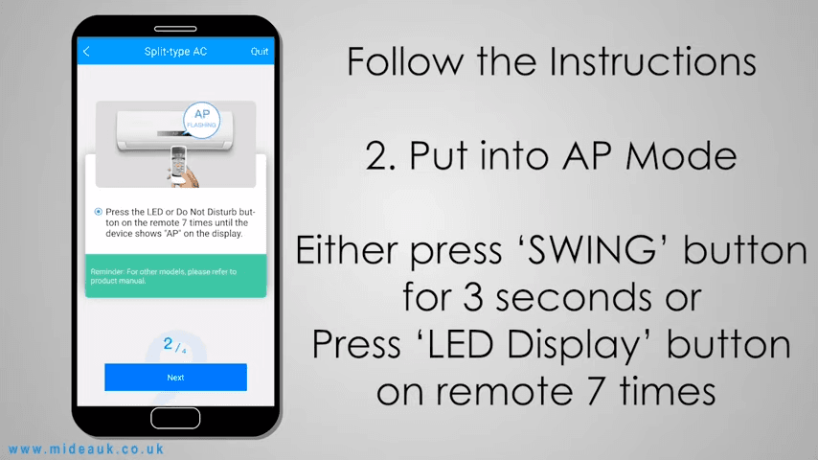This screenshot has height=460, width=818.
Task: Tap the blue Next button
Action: pyautogui.click(x=175, y=377)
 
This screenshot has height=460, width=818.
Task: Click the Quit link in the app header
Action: pyautogui.click(x=260, y=51)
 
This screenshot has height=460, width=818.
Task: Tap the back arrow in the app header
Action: pyautogui.click(x=86, y=51)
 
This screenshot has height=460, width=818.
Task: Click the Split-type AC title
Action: pyautogui.click(x=175, y=51)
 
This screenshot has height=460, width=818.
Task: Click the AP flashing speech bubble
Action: pyautogui.click(x=202, y=120)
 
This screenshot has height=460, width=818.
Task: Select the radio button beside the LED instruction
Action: pyautogui.click(x=98, y=212)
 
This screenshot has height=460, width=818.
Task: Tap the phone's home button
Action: pyautogui.click(x=175, y=418)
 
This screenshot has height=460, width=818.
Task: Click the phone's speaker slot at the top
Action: pyautogui.click(x=175, y=29)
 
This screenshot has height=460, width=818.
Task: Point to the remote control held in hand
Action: pyautogui.click(x=178, y=163)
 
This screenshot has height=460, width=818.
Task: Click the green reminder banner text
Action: pyautogui.click(x=163, y=276)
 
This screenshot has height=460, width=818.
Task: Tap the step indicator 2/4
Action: pyautogui.click(x=174, y=345)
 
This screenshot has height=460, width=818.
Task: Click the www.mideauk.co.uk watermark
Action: pyautogui.click(x=86, y=449)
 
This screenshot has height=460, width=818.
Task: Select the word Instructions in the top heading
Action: pyautogui.click(x=652, y=61)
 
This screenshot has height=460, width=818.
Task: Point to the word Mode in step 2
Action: pyautogui.click(x=681, y=155)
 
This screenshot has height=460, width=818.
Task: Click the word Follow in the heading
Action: pyautogui.click(x=405, y=61)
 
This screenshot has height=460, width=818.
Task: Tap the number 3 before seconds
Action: pyautogui.click(x=473, y=297)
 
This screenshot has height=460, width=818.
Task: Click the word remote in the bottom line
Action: pyautogui.click(x=505, y=393)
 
